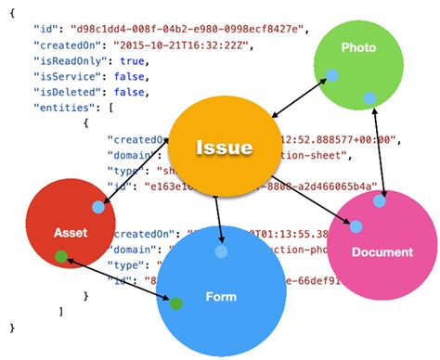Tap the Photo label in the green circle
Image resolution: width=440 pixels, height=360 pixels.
[358, 46]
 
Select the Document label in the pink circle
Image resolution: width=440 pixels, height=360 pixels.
[383, 252]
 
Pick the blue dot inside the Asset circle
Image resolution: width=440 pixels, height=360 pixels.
[97, 207]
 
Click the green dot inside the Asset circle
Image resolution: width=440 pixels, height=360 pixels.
[61, 256]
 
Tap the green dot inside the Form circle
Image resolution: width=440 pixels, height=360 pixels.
[175, 302]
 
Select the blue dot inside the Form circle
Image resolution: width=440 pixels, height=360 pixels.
[221, 251]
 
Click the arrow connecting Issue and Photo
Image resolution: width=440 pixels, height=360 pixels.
[297, 96]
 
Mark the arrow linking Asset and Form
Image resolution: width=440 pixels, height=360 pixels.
[118, 278]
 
